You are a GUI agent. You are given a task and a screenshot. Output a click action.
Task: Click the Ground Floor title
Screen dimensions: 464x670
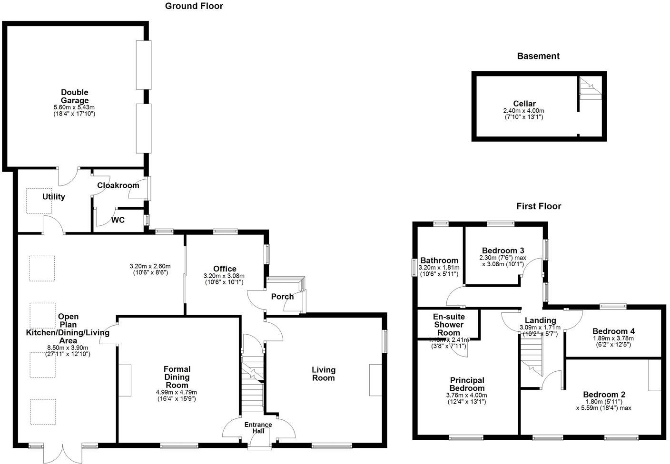[194, 6]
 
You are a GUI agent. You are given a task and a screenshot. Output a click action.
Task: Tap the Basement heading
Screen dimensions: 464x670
[538, 56]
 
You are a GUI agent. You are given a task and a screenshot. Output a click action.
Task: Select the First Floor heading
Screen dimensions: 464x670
[539, 206]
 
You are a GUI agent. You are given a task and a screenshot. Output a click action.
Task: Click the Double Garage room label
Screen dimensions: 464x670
[74, 97]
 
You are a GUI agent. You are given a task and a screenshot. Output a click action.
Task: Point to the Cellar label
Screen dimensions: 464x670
[524, 104]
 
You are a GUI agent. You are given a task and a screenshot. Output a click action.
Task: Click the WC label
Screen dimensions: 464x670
[118, 220]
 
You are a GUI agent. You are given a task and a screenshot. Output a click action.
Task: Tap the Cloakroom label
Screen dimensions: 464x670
[118, 185]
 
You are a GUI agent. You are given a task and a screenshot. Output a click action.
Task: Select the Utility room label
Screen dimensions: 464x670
[54, 197]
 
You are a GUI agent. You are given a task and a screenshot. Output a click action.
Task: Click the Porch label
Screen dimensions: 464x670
[282, 297]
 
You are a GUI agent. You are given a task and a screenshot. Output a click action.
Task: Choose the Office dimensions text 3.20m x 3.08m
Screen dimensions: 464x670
[224, 276]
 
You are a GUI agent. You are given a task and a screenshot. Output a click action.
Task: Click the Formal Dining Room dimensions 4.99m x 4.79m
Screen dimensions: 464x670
[177, 392]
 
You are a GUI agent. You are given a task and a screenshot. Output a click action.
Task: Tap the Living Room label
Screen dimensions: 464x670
[324, 374]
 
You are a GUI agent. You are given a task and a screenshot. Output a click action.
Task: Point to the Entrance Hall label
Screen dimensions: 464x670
[258, 428]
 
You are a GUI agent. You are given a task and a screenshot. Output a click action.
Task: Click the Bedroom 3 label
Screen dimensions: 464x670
[503, 251]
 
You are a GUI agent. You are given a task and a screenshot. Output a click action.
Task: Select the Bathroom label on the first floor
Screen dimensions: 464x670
[439, 261]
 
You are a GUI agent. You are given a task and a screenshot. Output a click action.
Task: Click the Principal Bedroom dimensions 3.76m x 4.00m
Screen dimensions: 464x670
[467, 395]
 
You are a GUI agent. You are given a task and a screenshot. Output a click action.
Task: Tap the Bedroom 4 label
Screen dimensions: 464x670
[613, 331]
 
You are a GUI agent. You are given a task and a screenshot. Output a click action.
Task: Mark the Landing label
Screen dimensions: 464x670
[540, 320]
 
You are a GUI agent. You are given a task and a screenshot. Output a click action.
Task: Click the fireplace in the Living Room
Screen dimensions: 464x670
[375, 380]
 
